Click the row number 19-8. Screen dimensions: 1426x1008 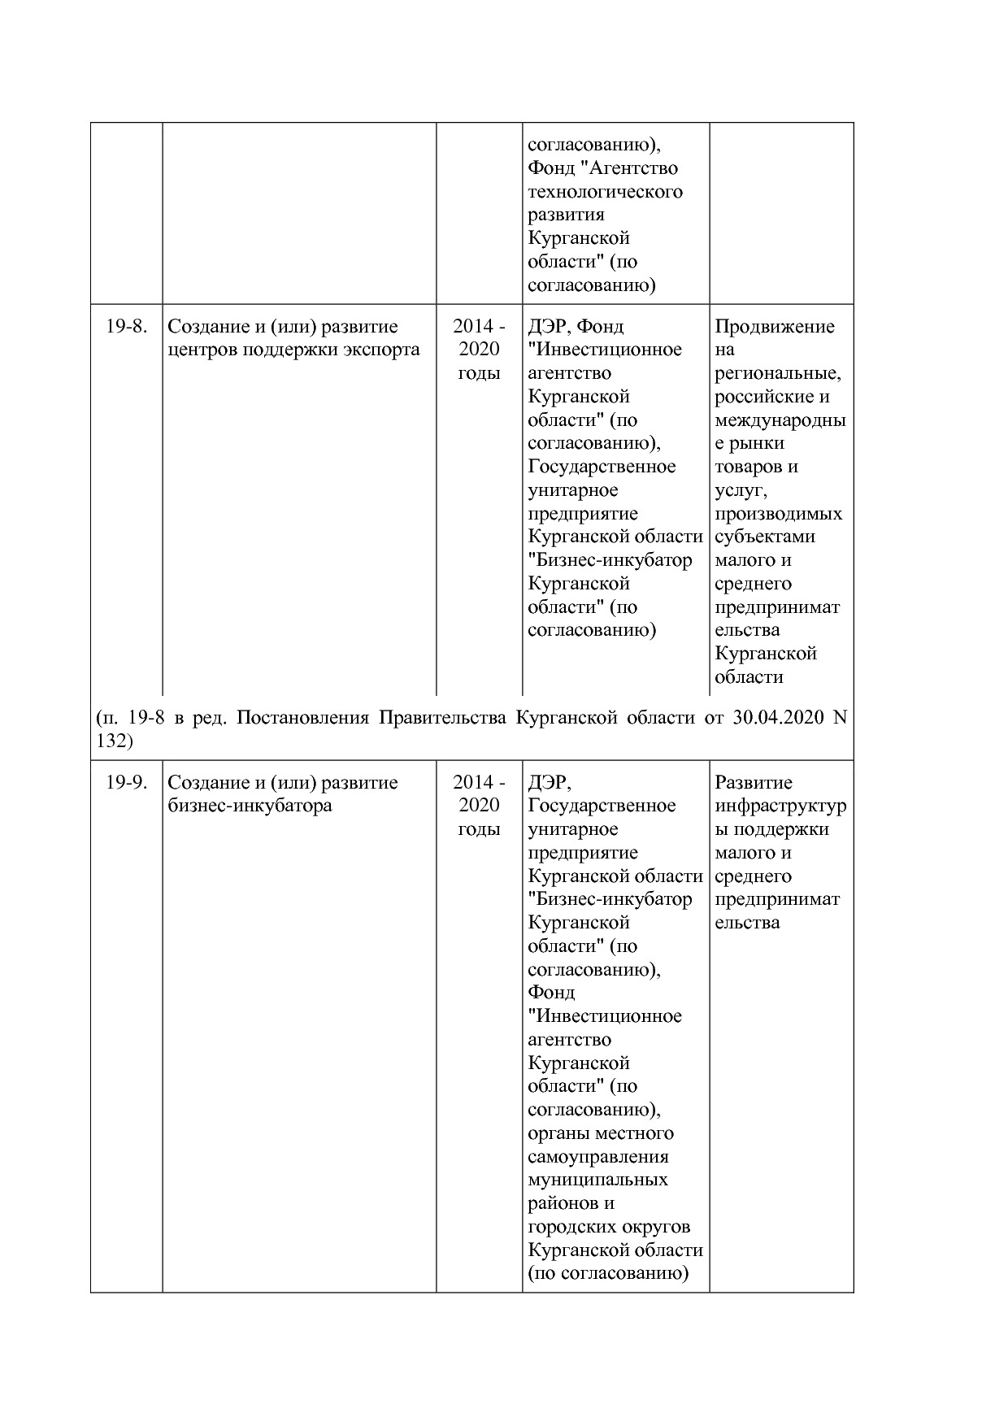126,327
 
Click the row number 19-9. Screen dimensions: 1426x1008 126,783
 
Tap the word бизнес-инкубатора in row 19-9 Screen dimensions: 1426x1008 250,806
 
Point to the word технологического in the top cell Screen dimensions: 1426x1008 605,192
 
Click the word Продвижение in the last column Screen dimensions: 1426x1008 774,327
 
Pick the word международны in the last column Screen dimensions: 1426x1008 780,420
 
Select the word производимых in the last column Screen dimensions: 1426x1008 778,514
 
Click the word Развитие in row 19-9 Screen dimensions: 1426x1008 753,783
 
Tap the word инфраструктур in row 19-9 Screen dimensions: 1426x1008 780,806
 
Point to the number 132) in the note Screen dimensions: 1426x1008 113,741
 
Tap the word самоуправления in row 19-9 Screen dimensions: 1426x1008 597,1157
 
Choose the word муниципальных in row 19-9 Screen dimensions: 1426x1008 597,1180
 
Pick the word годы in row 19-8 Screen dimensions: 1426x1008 479,374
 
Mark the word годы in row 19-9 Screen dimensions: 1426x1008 479,830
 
